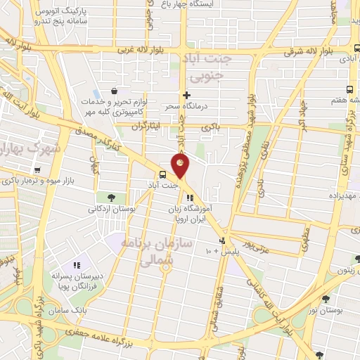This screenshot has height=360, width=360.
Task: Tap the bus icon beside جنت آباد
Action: pyautogui.click(x=163, y=174)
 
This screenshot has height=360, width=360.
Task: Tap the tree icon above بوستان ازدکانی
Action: pyautogui.click(x=112, y=198)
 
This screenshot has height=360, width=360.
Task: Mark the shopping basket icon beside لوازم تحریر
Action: pyautogui.click(x=114, y=90)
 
